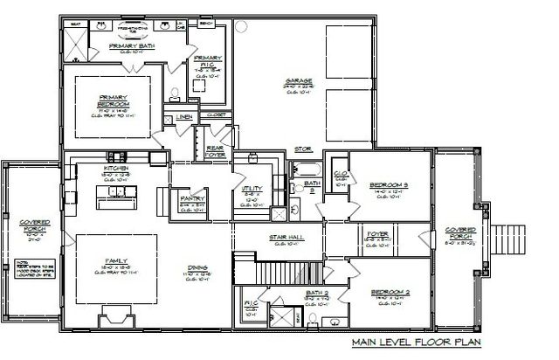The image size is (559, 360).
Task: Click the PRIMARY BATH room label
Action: click(132, 45)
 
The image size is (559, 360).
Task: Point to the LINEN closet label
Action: click(184, 116)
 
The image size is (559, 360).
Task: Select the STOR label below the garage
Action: click(302, 149)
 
